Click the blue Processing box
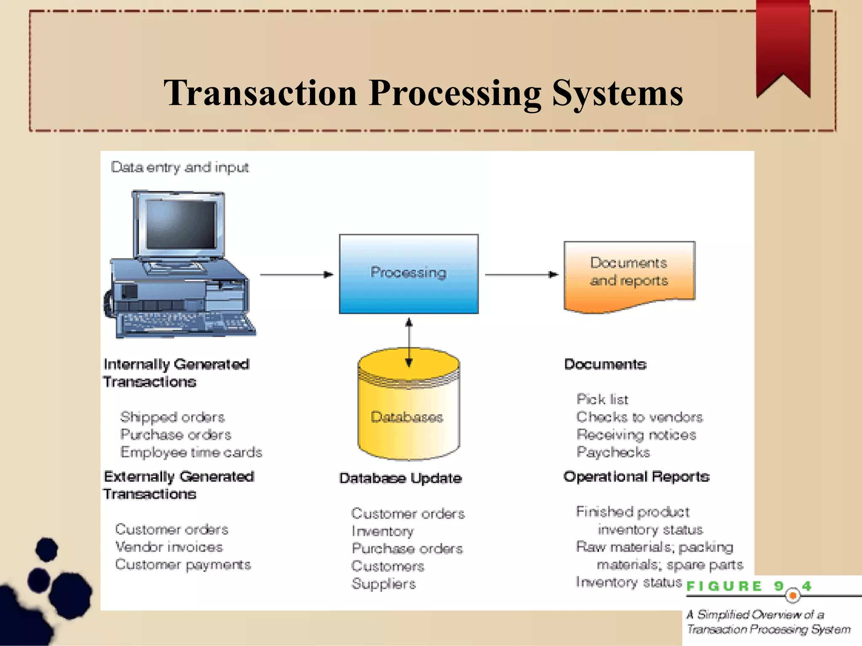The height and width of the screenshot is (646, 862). click(408, 274)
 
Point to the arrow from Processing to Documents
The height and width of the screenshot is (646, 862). click(521, 275)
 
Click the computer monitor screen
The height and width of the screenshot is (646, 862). click(181, 225)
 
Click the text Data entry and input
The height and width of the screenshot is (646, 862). click(180, 167)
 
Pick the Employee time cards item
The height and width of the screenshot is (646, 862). click(191, 452)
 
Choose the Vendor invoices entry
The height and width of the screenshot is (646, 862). click(169, 547)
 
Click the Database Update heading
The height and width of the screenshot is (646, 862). click(400, 478)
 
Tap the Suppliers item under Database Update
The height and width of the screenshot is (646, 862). click(383, 584)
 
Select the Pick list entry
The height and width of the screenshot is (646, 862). click(602, 399)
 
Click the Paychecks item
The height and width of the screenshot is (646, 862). click(613, 452)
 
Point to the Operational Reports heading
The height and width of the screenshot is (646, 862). click(636, 477)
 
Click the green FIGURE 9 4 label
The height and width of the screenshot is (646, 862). click(748, 586)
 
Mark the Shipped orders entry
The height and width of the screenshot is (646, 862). click(172, 417)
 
